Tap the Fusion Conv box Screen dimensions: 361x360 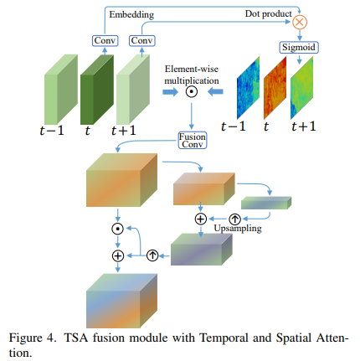[x=192, y=141]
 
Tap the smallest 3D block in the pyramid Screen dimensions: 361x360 [x=265, y=202]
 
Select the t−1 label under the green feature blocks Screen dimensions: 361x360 [x=55, y=128]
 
